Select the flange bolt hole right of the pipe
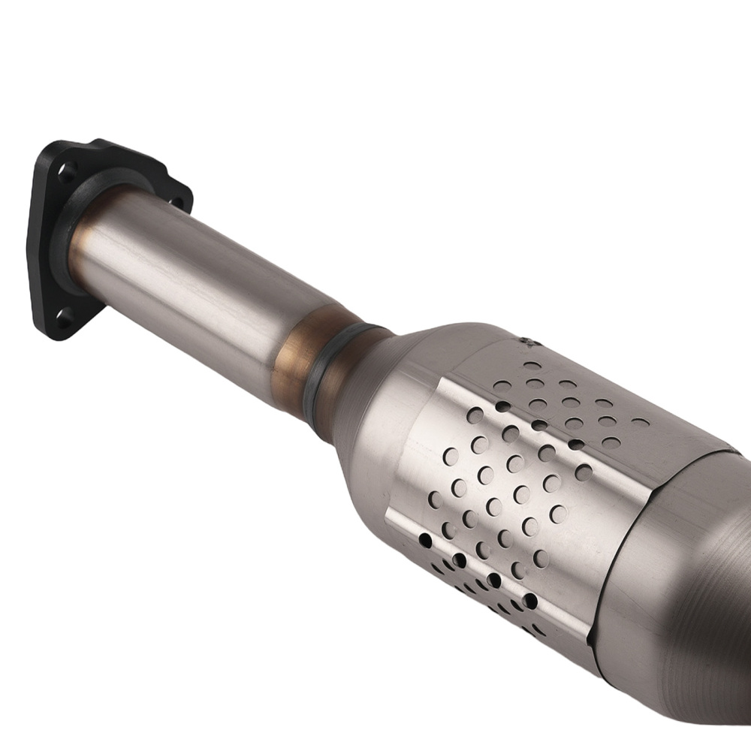[177, 201]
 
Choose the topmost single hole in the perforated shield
[532, 366]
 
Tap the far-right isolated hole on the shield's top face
[641, 422]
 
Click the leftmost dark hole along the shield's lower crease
[426, 539]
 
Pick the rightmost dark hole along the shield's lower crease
[530, 600]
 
